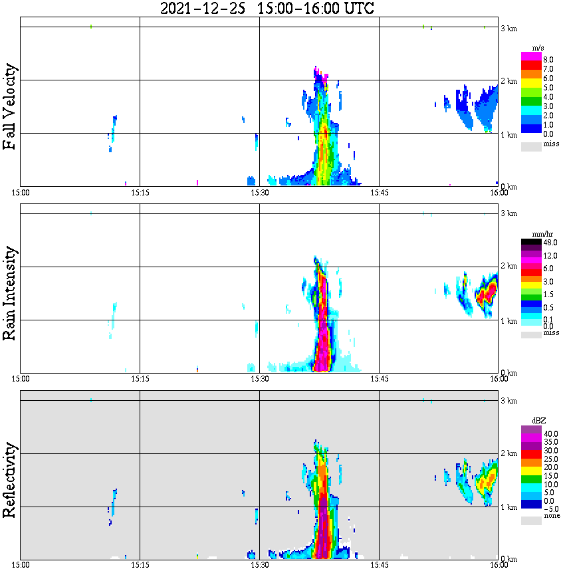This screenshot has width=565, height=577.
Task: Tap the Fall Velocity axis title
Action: pyautogui.click(x=10, y=107)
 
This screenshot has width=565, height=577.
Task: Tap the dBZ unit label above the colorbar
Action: pyautogui.click(x=539, y=421)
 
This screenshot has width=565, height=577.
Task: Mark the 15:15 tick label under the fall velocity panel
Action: pyautogui.click(x=140, y=193)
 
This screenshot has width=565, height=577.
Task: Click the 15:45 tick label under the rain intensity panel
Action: pyautogui.click(x=379, y=379)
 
